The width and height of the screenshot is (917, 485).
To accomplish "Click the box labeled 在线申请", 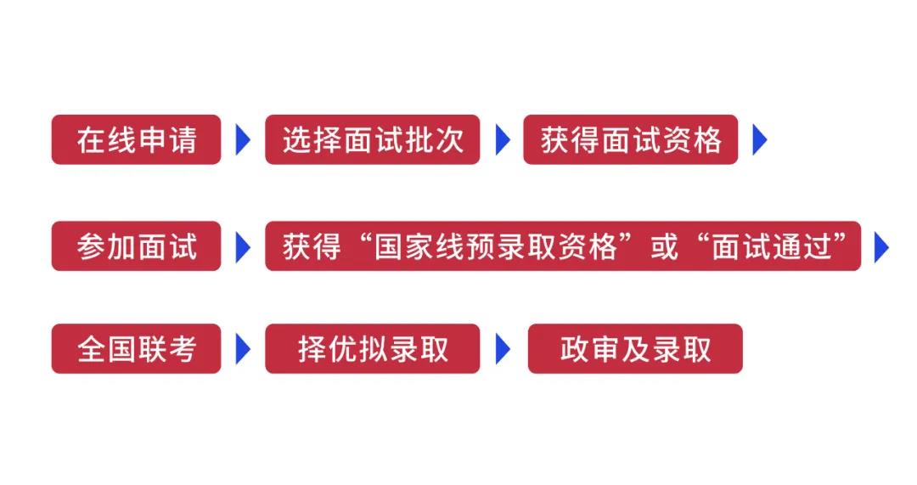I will (x=136, y=139).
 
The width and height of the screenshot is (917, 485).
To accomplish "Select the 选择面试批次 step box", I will (x=372, y=139).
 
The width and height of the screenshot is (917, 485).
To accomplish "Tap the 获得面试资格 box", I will (x=630, y=139).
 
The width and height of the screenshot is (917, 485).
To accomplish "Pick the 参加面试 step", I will (x=136, y=246).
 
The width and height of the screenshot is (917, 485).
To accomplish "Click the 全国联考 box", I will (x=136, y=348).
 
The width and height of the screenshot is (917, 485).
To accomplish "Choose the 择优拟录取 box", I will (x=372, y=348).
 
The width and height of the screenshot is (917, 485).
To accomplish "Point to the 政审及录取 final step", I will (x=635, y=348).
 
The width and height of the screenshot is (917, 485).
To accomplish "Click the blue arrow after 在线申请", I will (x=243, y=139).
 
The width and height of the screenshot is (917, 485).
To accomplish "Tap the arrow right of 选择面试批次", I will (x=503, y=139).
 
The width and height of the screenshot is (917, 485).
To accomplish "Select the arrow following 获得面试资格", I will (x=759, y=139).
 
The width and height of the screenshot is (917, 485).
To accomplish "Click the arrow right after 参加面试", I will (x=243, y=246).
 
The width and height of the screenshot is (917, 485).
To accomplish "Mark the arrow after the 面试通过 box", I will (x=881, y=246).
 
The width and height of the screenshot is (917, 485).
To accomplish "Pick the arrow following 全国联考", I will (x=243, y=348).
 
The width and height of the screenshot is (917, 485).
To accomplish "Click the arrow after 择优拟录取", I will (x=503, y=348).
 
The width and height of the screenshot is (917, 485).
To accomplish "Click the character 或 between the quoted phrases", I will (x=665, y=246).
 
